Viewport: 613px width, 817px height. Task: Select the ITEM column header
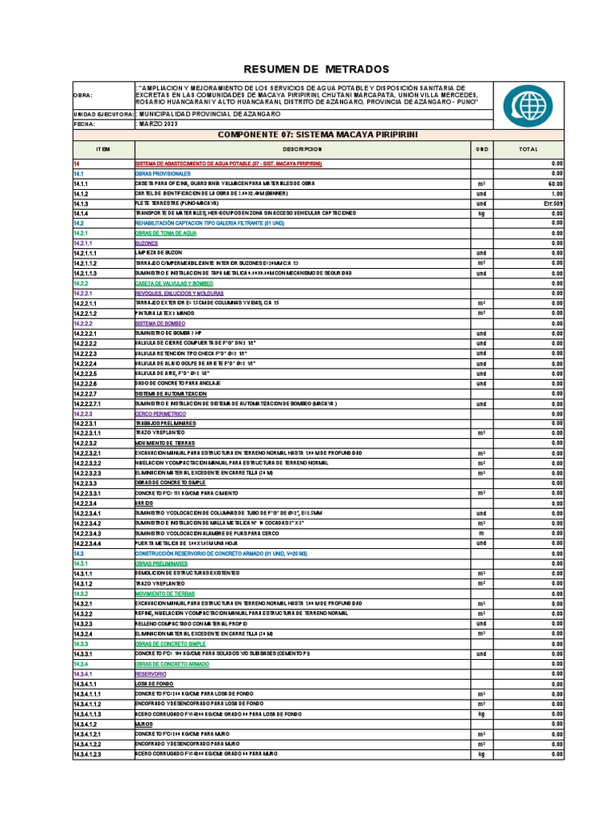tap(103, 149)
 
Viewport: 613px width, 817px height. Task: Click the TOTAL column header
tap(528, 149)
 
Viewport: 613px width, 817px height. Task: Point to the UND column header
tap(481, 149)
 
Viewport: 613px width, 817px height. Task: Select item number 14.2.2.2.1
tap(85, 334)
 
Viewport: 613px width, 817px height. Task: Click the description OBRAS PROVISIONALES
tap(163, 173)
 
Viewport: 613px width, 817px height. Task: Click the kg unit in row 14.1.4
tap(481, 214)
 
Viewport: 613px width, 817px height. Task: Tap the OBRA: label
tap(84, 94)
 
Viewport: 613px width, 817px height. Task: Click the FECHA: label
tap(85, 124)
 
